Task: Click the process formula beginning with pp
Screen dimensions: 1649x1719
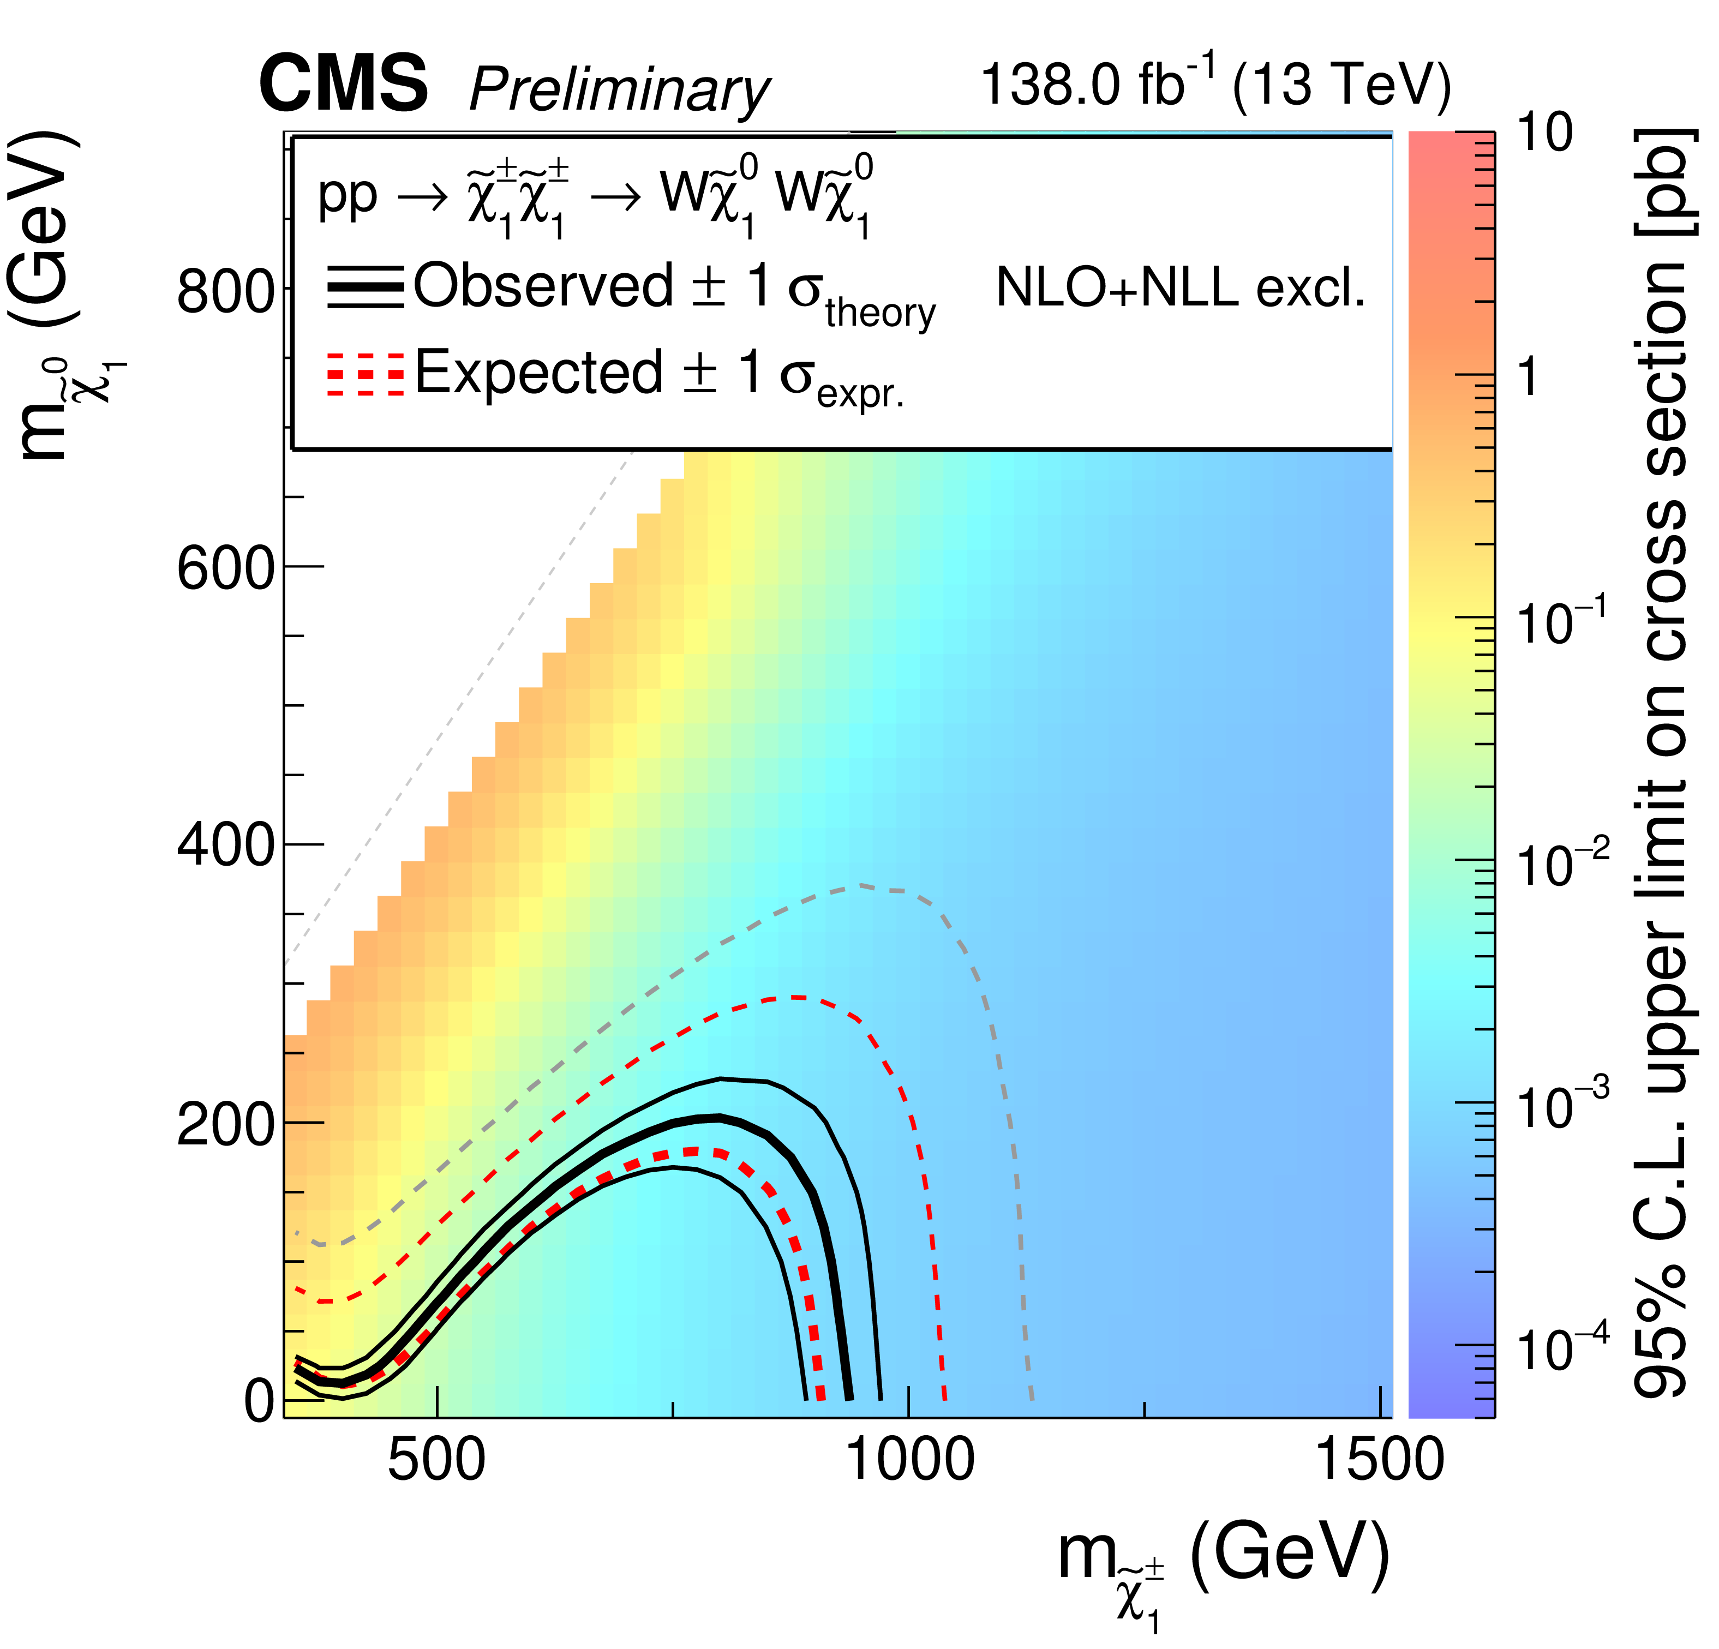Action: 596,198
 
